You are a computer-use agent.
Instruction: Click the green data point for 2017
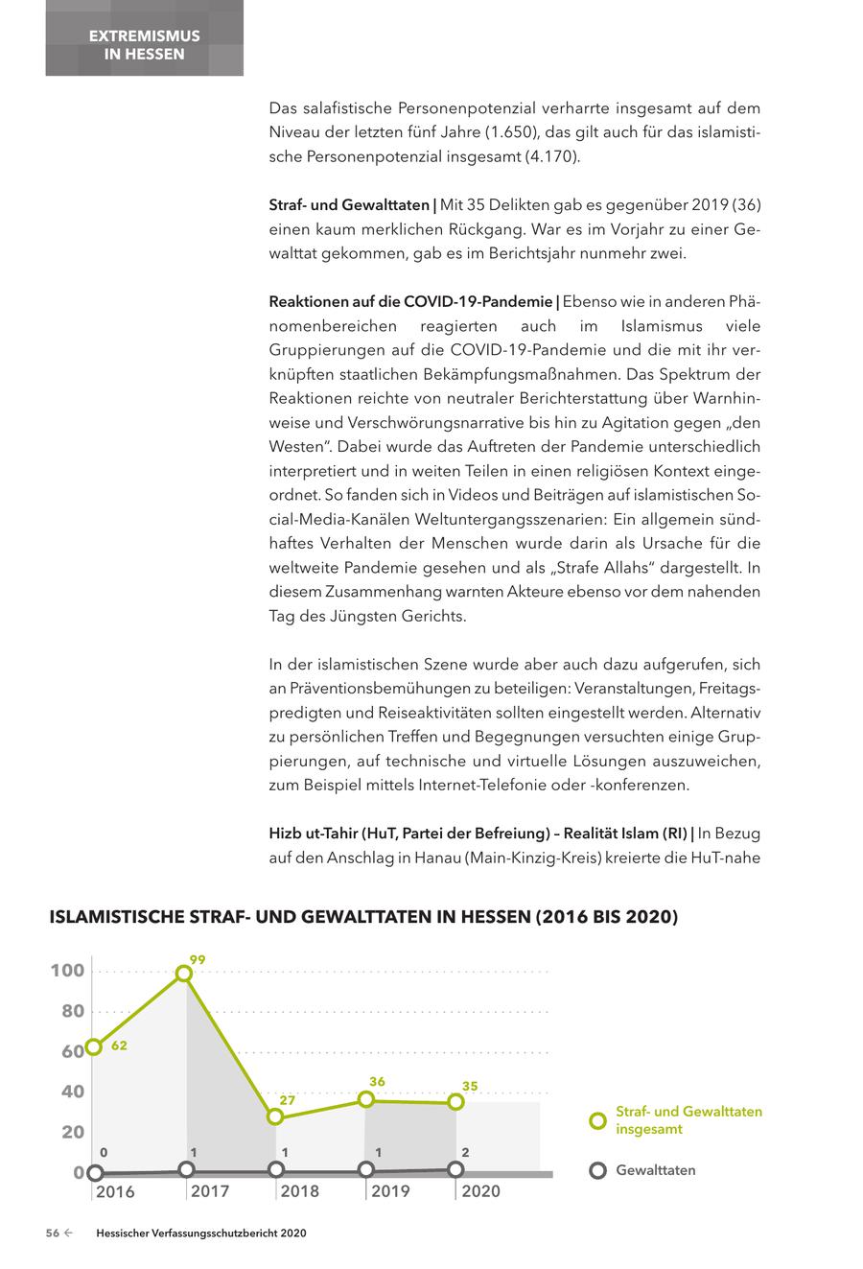pyautogui.click(x=184, y=974)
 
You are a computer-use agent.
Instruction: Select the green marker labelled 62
pyautogui.click(x=94, y=1046)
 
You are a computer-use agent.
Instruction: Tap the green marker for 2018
pyautogui.click(x=275, y=1116)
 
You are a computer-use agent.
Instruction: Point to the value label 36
pyautogui.click(x=377, y=1082)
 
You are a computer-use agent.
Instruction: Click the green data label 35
pyautogui.click(x=470, y=1086)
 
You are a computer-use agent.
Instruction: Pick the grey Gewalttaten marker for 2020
pyautogui.click(x=455, y=1169)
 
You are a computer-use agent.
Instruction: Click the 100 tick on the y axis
pyautogui.click(x=67, y=971)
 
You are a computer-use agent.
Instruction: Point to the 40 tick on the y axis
pyautogui.click(x=73, y=1092)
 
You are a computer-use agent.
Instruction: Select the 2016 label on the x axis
pyautogui.click(x=115, y=1192)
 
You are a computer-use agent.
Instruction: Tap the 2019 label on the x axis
pyautogui.click(x=390, y=1191)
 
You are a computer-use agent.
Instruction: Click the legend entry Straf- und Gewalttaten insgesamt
pyautogui.click(x=688, y=1120)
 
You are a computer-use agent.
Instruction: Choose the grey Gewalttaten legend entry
pyautogui.click(x=657, y=1170)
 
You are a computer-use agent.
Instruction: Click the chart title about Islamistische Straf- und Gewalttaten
pyautogui.click(x=363, y=917)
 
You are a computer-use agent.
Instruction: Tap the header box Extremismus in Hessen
pyautogui.click(x=144, y=44)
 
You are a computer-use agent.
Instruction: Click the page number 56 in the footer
pyautogui.click(x=54, y=1234)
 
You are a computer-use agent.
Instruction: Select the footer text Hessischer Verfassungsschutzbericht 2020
pyautogui.click(x=200, y=1234)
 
